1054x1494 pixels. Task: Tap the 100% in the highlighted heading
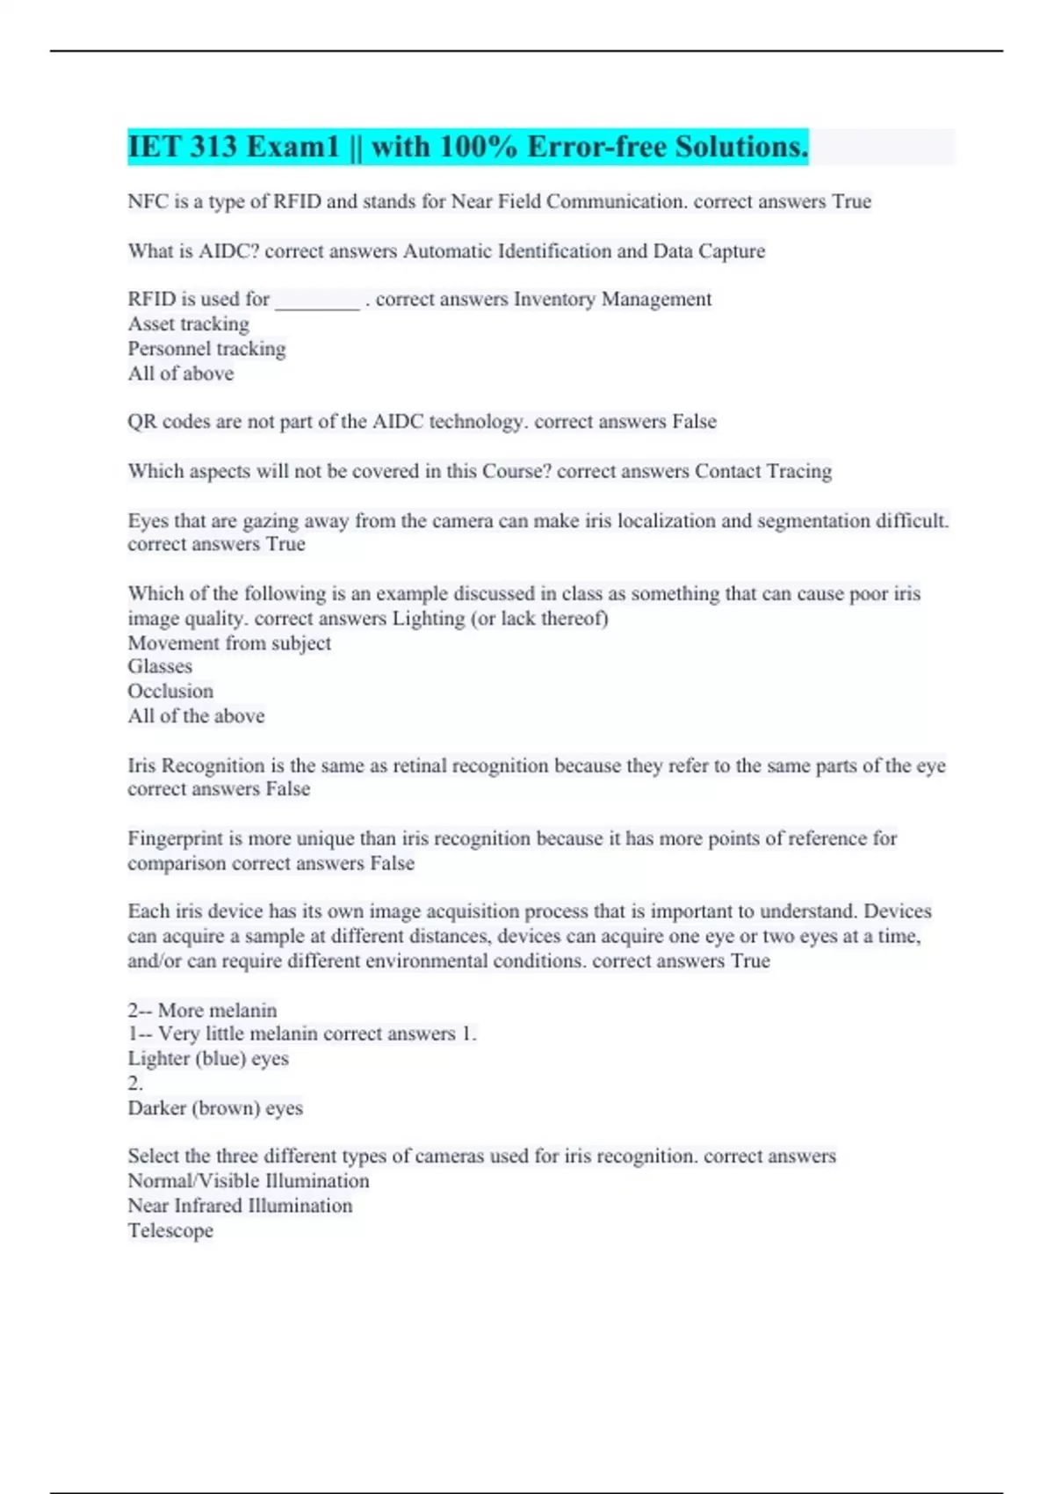click(478, 147)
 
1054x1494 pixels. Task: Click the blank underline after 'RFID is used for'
click(317, 301)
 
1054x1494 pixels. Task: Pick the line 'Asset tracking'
click(188, 324)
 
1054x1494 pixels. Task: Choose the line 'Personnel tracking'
click(206, 349)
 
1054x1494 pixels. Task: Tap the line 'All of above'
click(181, 373)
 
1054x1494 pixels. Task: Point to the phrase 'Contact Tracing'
click(762, 471)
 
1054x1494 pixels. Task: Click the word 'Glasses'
click(160, 666)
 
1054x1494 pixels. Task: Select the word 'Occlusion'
click(170, 691)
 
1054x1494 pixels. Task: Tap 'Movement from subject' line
click(229, 642)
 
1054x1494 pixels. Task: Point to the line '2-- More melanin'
click(202, 1010)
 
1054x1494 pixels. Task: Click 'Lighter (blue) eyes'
click(208, 1058)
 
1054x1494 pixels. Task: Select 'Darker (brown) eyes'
click(215, 1107)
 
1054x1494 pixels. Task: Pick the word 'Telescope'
click(170, 1230)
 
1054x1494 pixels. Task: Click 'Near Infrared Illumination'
click(240, 1206)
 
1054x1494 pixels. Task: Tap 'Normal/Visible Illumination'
click(249, 1181)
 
